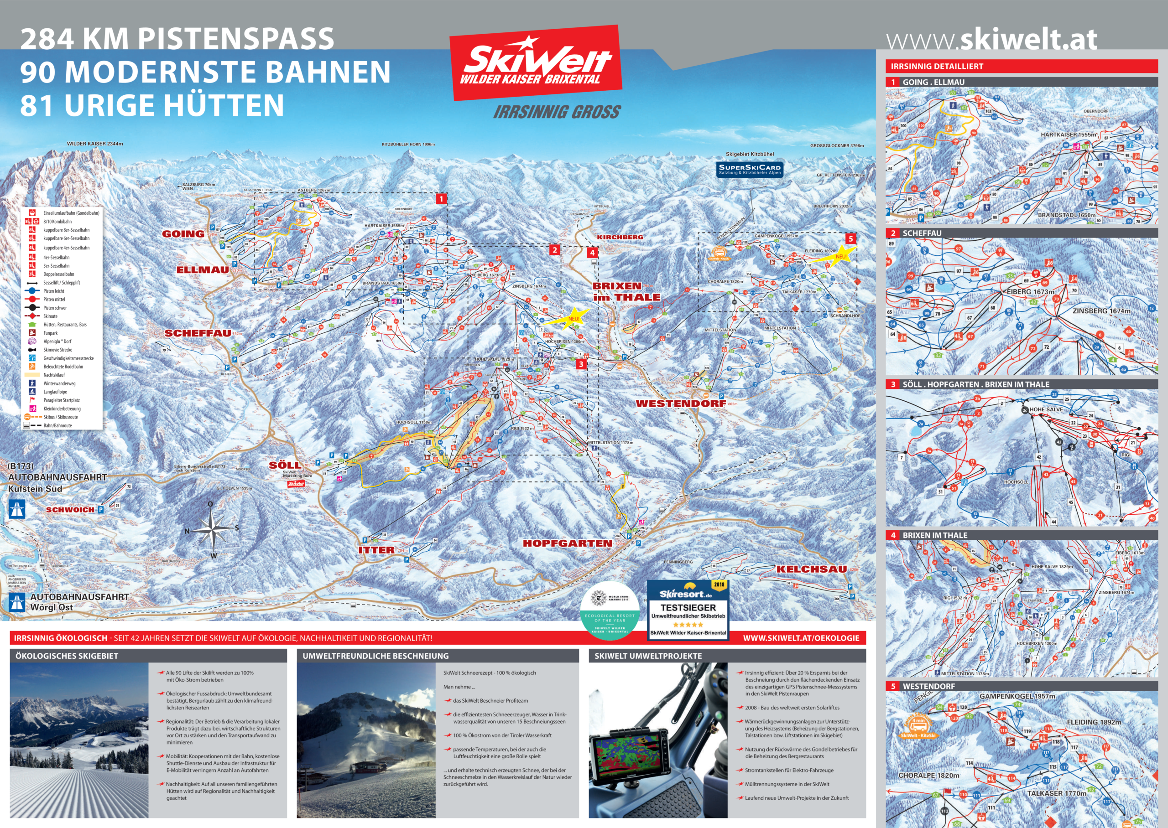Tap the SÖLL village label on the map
(285, 465)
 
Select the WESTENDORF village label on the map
(680, 404)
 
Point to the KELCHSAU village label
(811, 569)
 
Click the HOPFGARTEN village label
(567, 543)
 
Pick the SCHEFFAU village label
(198, 333)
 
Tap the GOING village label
(183, 233)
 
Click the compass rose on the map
(212, 530)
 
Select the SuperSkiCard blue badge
(749, 169)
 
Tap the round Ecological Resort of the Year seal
(610, 614)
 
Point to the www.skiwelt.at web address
(991, 40)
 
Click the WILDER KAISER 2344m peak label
(95, 144)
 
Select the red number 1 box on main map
(441, 199)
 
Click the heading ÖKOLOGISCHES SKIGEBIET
(67, 656)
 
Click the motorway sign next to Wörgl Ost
(17, 602)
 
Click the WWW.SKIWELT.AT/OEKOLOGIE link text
(801, 638)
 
